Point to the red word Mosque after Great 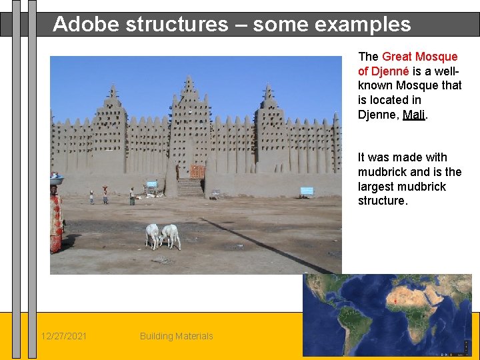click(436, 57)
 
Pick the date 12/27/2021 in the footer click(63, 336)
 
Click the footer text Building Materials click(176, 336)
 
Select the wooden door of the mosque click(197, 171)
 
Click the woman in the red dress click(57, 220)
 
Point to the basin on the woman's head click(57, 179)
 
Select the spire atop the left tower click(113, 92)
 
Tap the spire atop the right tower click(268, 91)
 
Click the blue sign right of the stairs click(307, 191)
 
